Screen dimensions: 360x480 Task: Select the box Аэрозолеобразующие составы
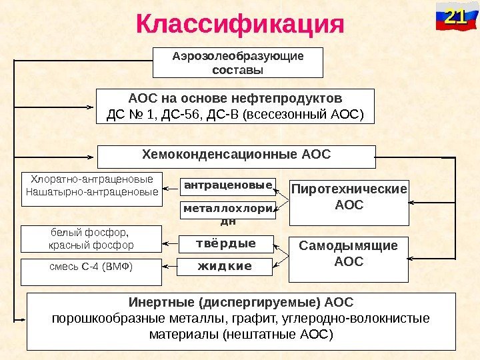tap(237, 63)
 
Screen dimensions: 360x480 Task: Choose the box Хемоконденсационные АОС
tap(236, 156)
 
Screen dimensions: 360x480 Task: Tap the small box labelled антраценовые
tap(228, 185)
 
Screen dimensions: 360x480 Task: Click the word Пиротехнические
tap(349, 189)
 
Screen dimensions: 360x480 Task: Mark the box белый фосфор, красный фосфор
tap(91, 239)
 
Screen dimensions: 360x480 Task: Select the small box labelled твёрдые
tap(225, 244)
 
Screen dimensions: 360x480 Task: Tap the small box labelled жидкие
tap(225, 267)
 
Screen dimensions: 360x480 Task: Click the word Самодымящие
tap(348, 246)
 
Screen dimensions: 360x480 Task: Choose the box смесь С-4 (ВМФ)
tap(91, 268)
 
